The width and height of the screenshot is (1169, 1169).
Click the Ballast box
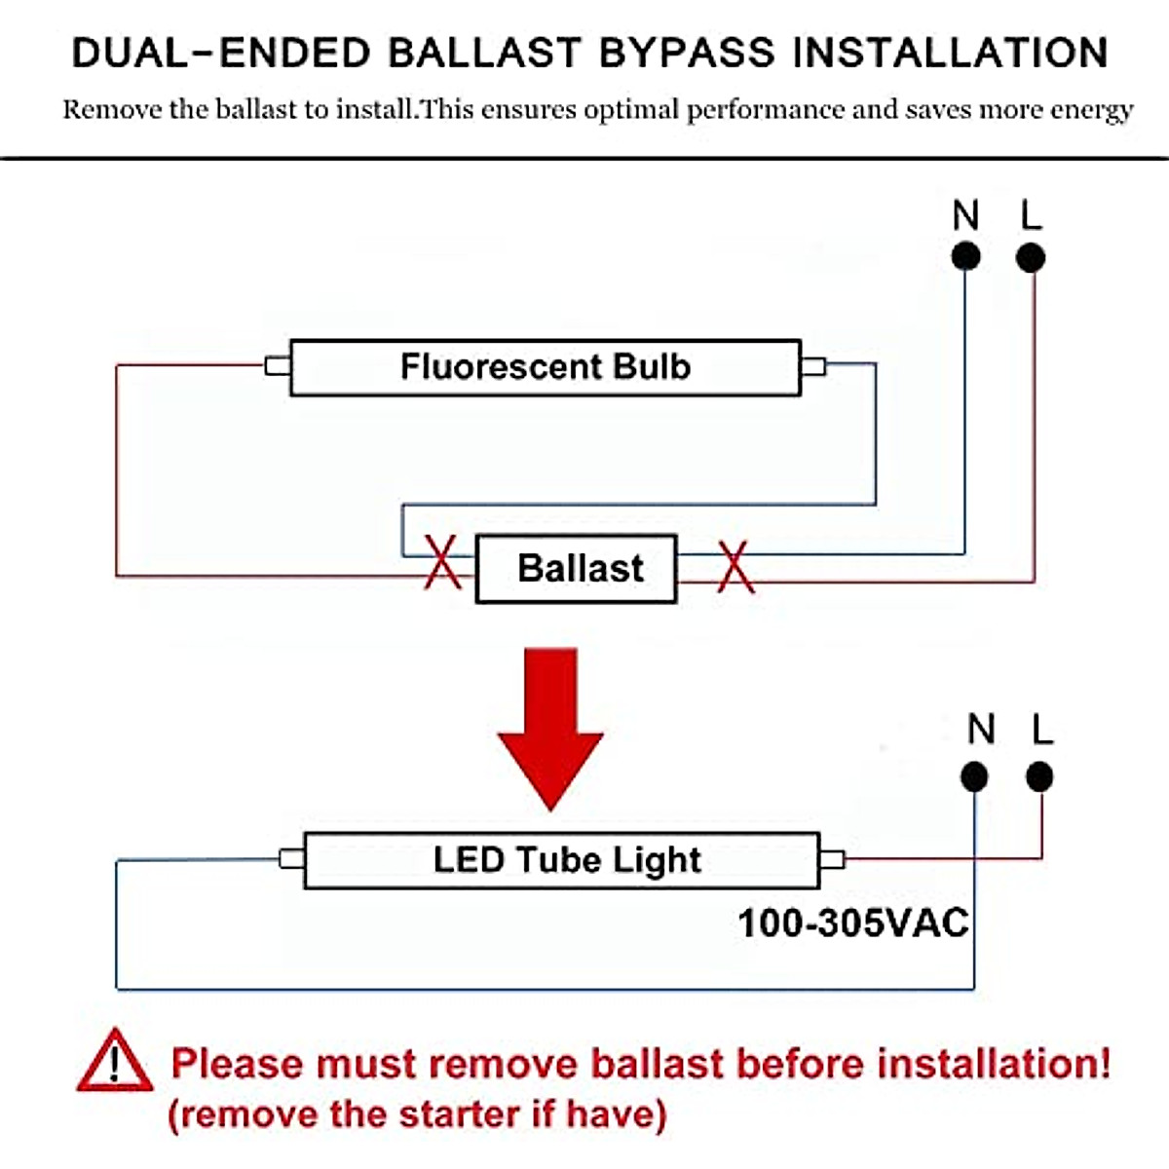pos(576,568)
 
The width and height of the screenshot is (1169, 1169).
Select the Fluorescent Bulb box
pos(546,367)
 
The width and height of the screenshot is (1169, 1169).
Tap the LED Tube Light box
pos(562,860)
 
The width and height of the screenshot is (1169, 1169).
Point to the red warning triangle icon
pos(114,1061)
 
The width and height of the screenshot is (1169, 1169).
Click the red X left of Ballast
pos(442,562)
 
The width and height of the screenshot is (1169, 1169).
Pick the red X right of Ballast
pos(735,567)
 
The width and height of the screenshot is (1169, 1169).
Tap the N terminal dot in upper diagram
pos(965,256)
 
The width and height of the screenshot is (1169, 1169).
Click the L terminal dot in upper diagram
pos(1030,257)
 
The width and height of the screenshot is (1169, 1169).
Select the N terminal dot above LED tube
pos(974,777)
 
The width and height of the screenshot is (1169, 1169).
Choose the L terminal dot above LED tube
pos(1039,777)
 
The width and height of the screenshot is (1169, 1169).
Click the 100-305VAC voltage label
pos(853,924)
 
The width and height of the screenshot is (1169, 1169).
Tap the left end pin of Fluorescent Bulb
pos(278,366)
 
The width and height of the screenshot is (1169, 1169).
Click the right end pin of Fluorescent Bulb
pos(813,366)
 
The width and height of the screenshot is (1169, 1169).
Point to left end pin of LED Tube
pos(292,859)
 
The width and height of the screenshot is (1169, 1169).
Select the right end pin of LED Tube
pos(832,859)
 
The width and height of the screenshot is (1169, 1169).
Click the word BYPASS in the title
pos(687,53)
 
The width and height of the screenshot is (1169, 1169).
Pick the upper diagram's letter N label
pos(965,214)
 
